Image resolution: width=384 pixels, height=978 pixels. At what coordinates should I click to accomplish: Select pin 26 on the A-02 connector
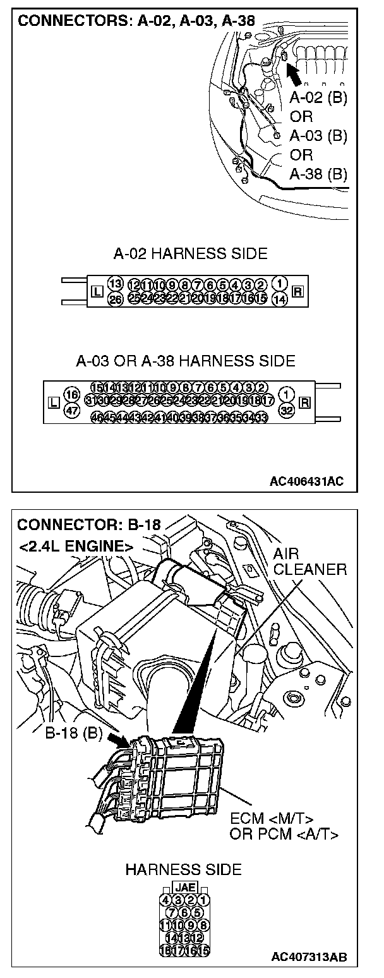click(114, 299)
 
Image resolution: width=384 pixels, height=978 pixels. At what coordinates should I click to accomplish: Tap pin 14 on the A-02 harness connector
click(279, 299)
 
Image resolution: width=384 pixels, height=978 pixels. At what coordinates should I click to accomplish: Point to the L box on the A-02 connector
click(96, 291)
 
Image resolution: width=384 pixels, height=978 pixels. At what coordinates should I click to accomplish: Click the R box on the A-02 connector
click(298, 291)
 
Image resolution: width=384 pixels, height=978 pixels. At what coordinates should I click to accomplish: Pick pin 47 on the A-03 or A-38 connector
click(71, 409)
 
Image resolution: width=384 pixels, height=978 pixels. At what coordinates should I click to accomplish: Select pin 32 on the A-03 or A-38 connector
click(287, 409)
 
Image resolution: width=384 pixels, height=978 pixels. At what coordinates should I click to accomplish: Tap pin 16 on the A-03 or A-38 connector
click(71, 394)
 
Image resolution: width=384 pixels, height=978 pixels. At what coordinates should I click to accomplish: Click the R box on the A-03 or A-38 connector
click(306, 402)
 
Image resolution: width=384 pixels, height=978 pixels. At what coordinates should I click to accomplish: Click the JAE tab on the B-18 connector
click(185, 887)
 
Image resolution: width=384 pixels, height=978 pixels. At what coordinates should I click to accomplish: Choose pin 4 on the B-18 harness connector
click(167, 899)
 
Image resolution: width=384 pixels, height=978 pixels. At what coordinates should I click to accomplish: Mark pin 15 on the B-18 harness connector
click(204, 950)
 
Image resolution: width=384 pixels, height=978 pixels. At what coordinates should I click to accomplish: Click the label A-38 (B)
click(318, 174)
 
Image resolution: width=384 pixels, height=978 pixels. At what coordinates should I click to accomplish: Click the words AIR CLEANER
click(309, 562)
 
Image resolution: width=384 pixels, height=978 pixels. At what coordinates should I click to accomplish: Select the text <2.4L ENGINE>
click(75, 546)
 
